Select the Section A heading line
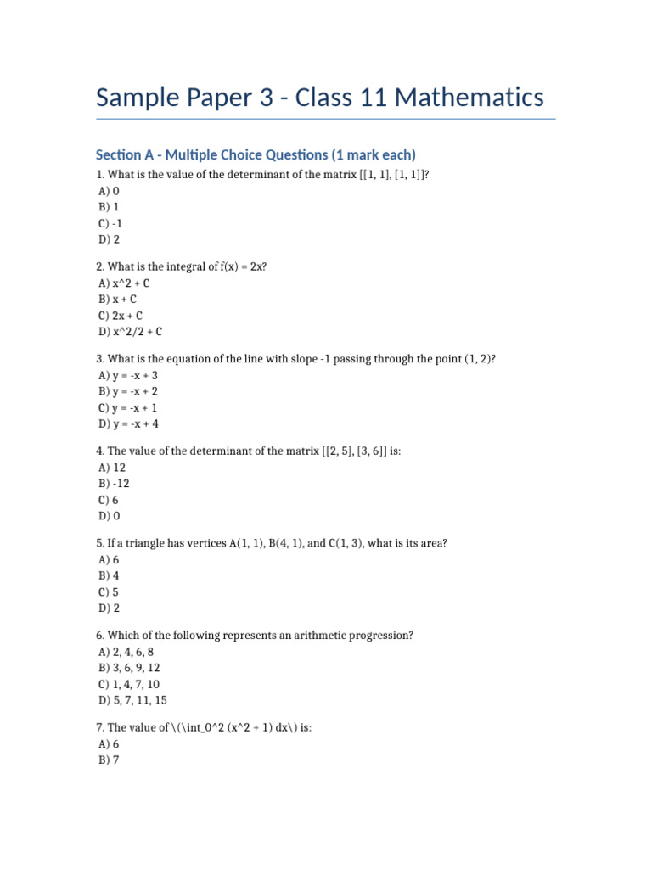tap(256, 154)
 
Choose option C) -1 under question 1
tap(111, 223)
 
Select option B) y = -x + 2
tap(128, 391)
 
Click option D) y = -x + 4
tap(128, 423)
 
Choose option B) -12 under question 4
tap(114, 483)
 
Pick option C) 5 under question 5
tap(108, 591)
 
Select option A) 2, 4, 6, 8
tap(126, 651)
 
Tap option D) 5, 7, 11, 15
tap(132, 700)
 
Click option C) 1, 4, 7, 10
tap(129, 684)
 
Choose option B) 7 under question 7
tap(108, 760)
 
